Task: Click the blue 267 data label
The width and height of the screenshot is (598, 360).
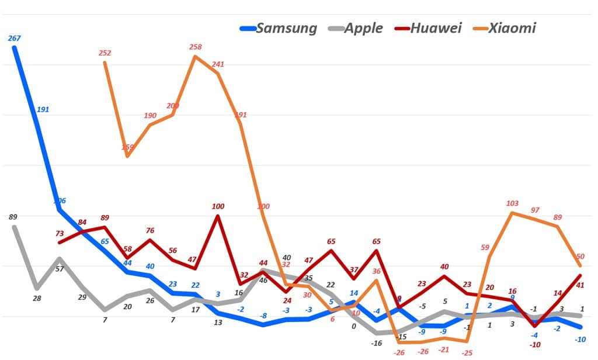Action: pyautogui.click(x=14, y=38)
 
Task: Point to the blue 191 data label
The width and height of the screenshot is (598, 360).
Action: pyautogui.click(x=43, y=109)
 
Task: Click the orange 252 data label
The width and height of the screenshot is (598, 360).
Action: pyautogui.click(x=105, y=53)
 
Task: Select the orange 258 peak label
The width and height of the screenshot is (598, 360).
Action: pyautogui.click(x=196, y=46)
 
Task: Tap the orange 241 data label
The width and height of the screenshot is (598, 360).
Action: pyautogui.click(x=218, y=64)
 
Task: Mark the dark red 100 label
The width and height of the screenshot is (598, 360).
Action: pyautogui.click(x=218, y=206)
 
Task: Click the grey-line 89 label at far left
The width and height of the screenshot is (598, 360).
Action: pyautogui.click(x=13, y=217)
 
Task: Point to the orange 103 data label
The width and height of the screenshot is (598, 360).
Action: pyautogui.click(x=512, y=203)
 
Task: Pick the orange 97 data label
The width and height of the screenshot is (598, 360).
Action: pyautogui.click(x=535, y=210)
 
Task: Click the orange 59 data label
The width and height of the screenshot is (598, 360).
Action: pyautogui.click(x=485, y=247)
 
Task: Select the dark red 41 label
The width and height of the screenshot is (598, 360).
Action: pyautogui.click(x=580, y=285)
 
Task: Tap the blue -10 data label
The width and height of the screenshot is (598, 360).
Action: pyautogui.click(x=580, y=339)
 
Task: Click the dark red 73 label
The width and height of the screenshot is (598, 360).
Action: pyautogui.click(x=59, y=233)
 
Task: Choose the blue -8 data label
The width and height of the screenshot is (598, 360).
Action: pyautogui.click(x=263, y=316)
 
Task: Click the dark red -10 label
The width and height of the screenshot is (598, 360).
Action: pyautogui.click(x=534, y=345)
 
